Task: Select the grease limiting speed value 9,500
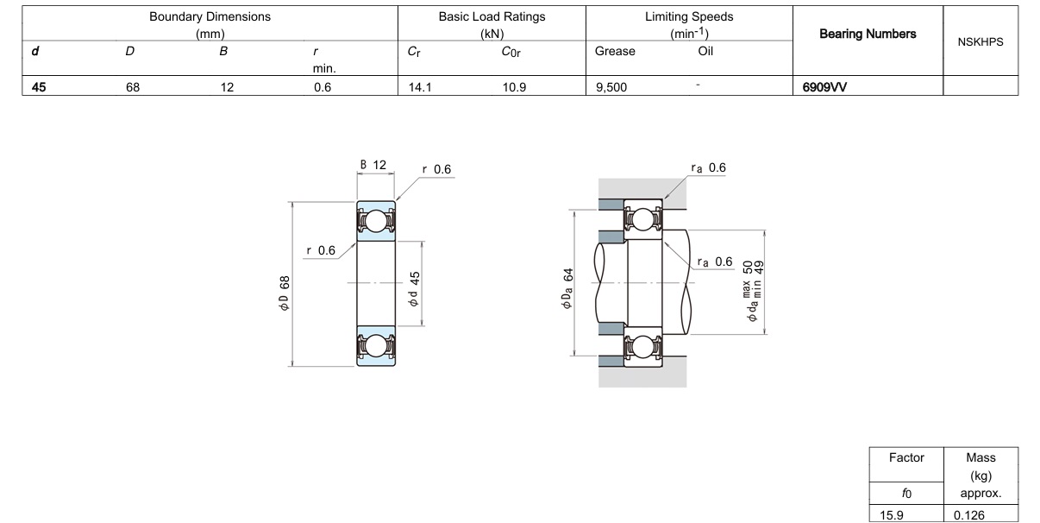pyautogui.click(x=611, y=86)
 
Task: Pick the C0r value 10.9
pyautogui.click(x=516, y=86)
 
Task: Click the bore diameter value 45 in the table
pyautogui.click(x=39, y=86)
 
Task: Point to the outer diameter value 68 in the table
pyautogui.click(x=133, y=86)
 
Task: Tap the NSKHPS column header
pyautogui.click(x=980, y=41)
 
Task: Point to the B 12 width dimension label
pyautogui.click(x=373, y=165)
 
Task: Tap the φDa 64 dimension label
pyautogui.click(x=569, y=287)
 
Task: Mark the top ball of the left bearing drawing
pyautogui.click(x=376, y=222)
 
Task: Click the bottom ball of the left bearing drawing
pyautogui.click(x=376, y=346)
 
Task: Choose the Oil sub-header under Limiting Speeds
pyautogui.click(x=706, y=51)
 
